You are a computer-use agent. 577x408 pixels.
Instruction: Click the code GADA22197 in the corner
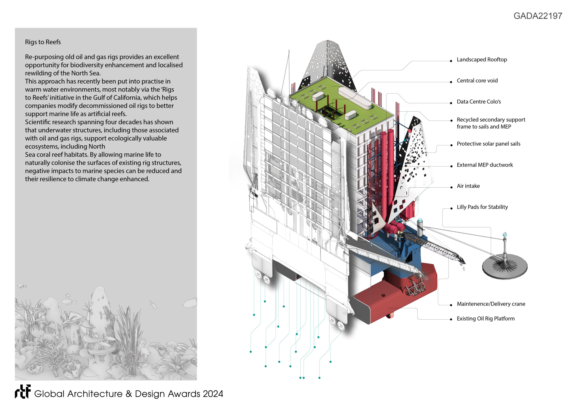click(x=538, y=16)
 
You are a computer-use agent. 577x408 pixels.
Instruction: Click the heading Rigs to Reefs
click(x=43, y=42)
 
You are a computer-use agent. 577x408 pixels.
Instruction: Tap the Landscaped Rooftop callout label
click(x=481, y=60)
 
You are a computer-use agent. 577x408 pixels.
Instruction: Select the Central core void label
click(x=477, y=81)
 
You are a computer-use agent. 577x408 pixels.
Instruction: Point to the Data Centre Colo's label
click(x=479, y=102)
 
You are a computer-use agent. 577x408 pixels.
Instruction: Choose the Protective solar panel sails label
click(x=488, y=144)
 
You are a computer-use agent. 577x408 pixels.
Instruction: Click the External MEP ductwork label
click(x=485, y=165)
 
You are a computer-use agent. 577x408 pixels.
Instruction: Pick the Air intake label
click(x=468, y=186)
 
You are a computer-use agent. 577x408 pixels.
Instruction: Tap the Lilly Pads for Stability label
click(x=482, y=207)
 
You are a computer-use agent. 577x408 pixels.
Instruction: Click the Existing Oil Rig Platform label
click(x=485, y=319)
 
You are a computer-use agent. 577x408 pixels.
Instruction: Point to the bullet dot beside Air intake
click(x=451, y=187)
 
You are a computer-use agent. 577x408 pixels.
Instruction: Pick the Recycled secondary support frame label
click(x=491, y=123)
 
